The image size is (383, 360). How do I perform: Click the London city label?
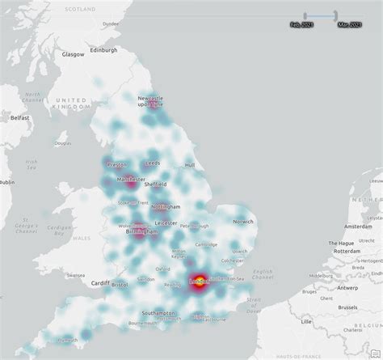coord(198,282)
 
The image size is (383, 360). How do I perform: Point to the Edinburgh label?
coord(103,50)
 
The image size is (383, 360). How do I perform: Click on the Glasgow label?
coord(74,54)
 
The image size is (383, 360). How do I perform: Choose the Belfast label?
coord(20,117)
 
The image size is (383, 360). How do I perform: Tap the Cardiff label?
coord(99,283)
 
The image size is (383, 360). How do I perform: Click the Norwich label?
coord(243,221)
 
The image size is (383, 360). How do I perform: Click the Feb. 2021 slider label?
coord(302,24)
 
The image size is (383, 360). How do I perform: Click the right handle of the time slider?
coord(335,15)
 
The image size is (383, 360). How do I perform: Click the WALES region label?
coord(81,239)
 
